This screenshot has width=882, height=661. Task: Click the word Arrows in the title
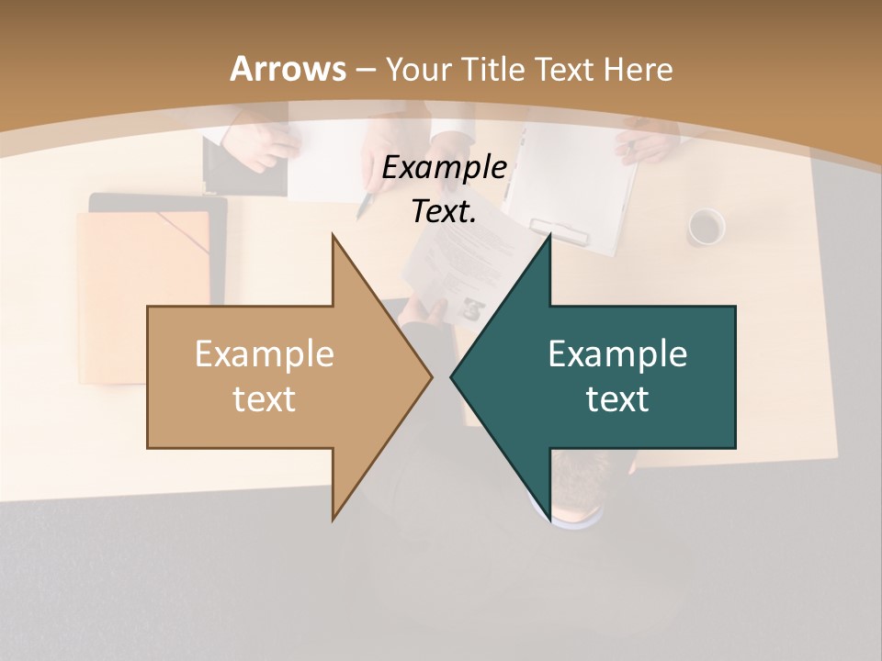288,69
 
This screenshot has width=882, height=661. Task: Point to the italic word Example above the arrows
445,168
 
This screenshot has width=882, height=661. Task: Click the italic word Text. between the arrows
445,212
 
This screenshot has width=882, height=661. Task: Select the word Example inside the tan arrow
265,354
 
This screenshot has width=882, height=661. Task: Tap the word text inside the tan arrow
265,399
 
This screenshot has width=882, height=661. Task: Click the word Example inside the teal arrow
617,354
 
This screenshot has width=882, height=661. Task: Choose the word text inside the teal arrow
617,399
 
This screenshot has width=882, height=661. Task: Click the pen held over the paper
367,205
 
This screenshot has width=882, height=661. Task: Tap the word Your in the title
418,69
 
